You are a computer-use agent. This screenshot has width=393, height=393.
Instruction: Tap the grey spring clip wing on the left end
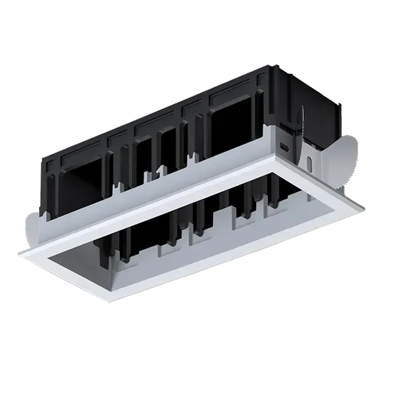[x=33, y=226]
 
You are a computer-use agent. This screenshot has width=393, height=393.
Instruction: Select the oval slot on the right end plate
[x=309, y=160]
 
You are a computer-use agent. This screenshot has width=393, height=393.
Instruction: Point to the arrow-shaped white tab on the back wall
[x=160, y=172]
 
